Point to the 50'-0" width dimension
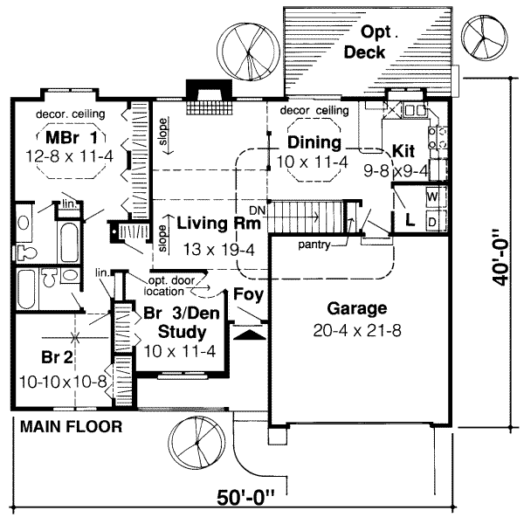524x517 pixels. coord(246,500)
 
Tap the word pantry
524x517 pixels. coord(313,245)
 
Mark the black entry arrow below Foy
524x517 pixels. coord(249,333)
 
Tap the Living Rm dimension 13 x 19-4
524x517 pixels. coord(216,249)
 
